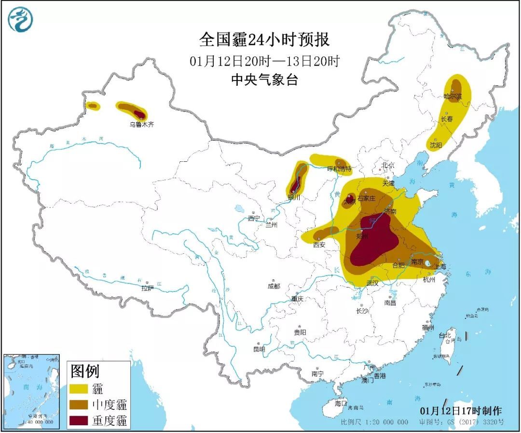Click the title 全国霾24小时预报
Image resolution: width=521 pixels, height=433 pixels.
264,40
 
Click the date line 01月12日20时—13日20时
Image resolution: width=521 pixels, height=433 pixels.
264,61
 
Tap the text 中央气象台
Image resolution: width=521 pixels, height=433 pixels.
264,79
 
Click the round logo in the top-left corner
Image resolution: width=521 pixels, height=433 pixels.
21,20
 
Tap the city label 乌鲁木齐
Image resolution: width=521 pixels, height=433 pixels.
142,124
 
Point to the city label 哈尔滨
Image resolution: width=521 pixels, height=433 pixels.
453,97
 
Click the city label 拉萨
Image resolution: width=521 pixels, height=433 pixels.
147,288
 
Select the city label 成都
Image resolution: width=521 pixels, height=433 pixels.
273,286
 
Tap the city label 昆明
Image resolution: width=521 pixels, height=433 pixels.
259,349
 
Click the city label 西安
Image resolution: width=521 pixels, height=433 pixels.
319,245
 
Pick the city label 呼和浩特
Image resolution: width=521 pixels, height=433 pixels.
339,169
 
